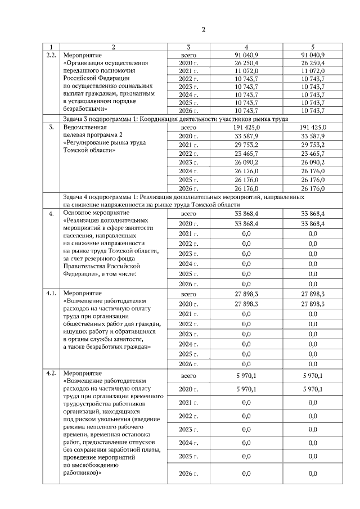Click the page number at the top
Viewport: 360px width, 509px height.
(x=204, y=29)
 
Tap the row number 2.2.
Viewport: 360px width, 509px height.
(x=51, y=55)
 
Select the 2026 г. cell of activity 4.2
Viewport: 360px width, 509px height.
(x=188, y=474)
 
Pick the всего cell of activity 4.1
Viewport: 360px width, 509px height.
(x=188, y=294)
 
